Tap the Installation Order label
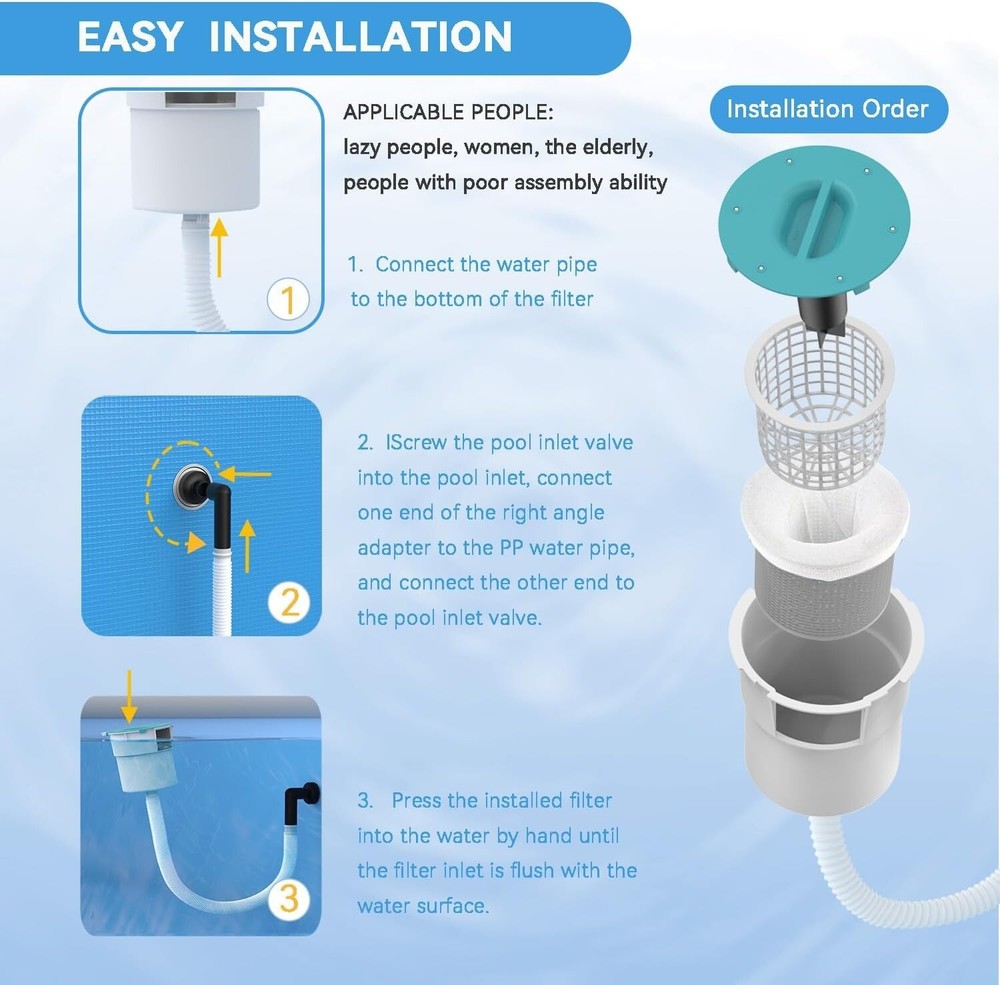point(827,109)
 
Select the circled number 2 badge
point(289,602)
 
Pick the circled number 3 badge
point(288,899)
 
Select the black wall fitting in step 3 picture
point(299,801)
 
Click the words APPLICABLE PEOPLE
point(447,112)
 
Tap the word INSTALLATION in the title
point(361,36)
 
